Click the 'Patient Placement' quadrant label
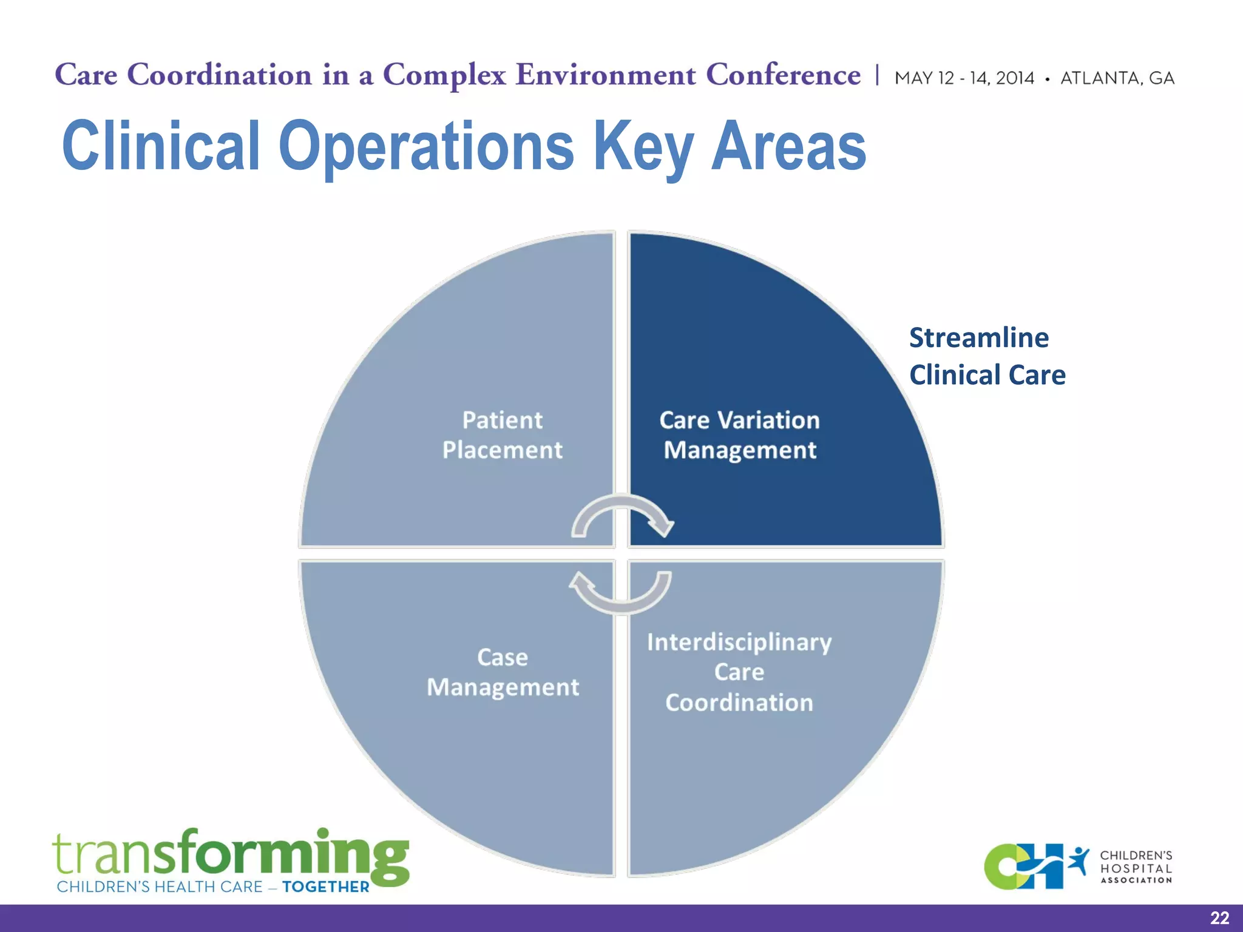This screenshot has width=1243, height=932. [503, 435]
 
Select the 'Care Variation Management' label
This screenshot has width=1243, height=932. [739, 435]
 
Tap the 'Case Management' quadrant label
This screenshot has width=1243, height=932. [503, 672]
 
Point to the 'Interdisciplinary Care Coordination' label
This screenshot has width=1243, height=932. [739, 672]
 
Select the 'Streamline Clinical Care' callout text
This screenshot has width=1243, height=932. [987, 356]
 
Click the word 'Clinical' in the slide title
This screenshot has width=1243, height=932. [161, 146]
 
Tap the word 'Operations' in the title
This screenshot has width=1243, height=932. [426, 146]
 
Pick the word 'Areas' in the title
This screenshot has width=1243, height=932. [788, 146]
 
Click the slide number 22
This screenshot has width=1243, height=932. [1219, 918]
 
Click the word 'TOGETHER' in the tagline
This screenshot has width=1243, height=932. [326, 887]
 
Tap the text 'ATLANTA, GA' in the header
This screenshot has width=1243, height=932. [1117, 78]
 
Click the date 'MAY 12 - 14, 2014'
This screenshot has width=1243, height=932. [964, 78]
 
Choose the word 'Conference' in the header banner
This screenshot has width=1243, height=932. [783, 75]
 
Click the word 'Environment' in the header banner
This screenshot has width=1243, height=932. [606, 75]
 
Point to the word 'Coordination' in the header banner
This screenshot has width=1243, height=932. [220, 75]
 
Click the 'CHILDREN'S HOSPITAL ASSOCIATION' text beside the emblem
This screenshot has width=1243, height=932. [1136, 867]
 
